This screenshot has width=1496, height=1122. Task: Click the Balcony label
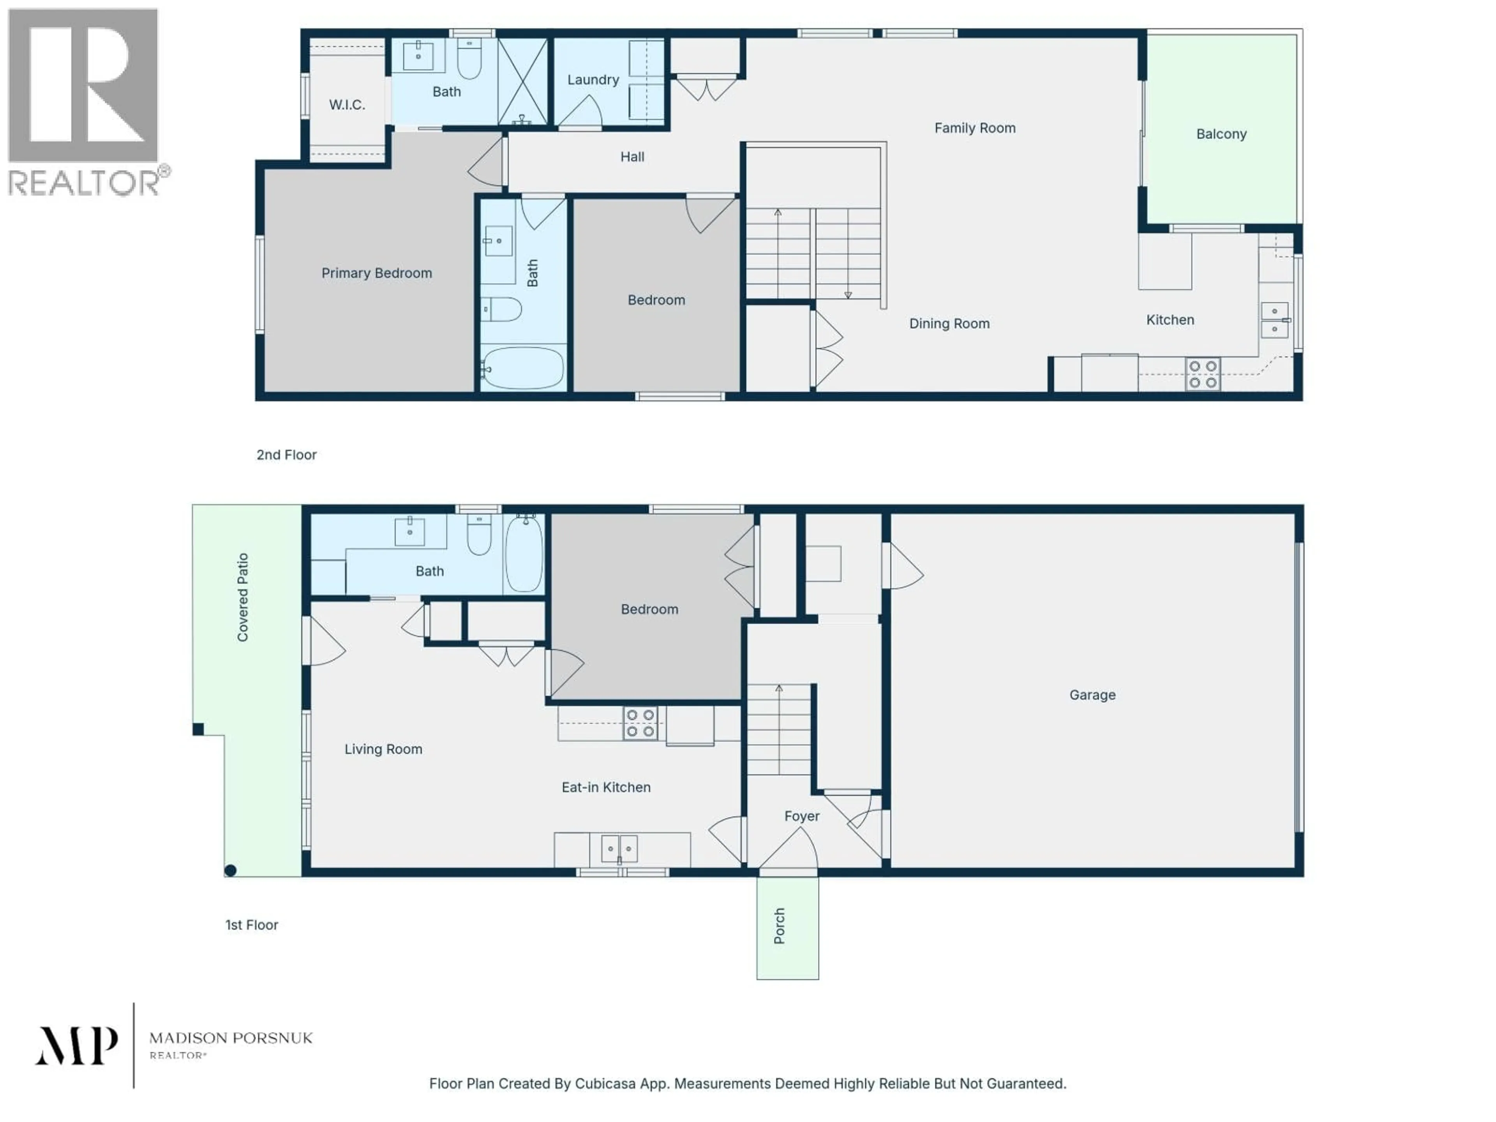point(1221,134)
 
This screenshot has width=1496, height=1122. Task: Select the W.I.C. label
point(347,105)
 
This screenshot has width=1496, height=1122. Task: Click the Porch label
point(779,926)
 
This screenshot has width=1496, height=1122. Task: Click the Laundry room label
point(593,80)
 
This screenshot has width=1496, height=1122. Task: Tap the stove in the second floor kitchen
point(1203,374)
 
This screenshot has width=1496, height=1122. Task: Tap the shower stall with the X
point(522,81)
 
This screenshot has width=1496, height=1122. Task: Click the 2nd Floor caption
point(286,455)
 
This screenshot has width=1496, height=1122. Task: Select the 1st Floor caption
point(252,924)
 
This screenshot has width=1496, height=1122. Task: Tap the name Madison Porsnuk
point(231,1037)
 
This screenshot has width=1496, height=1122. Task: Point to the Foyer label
point(801,816)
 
